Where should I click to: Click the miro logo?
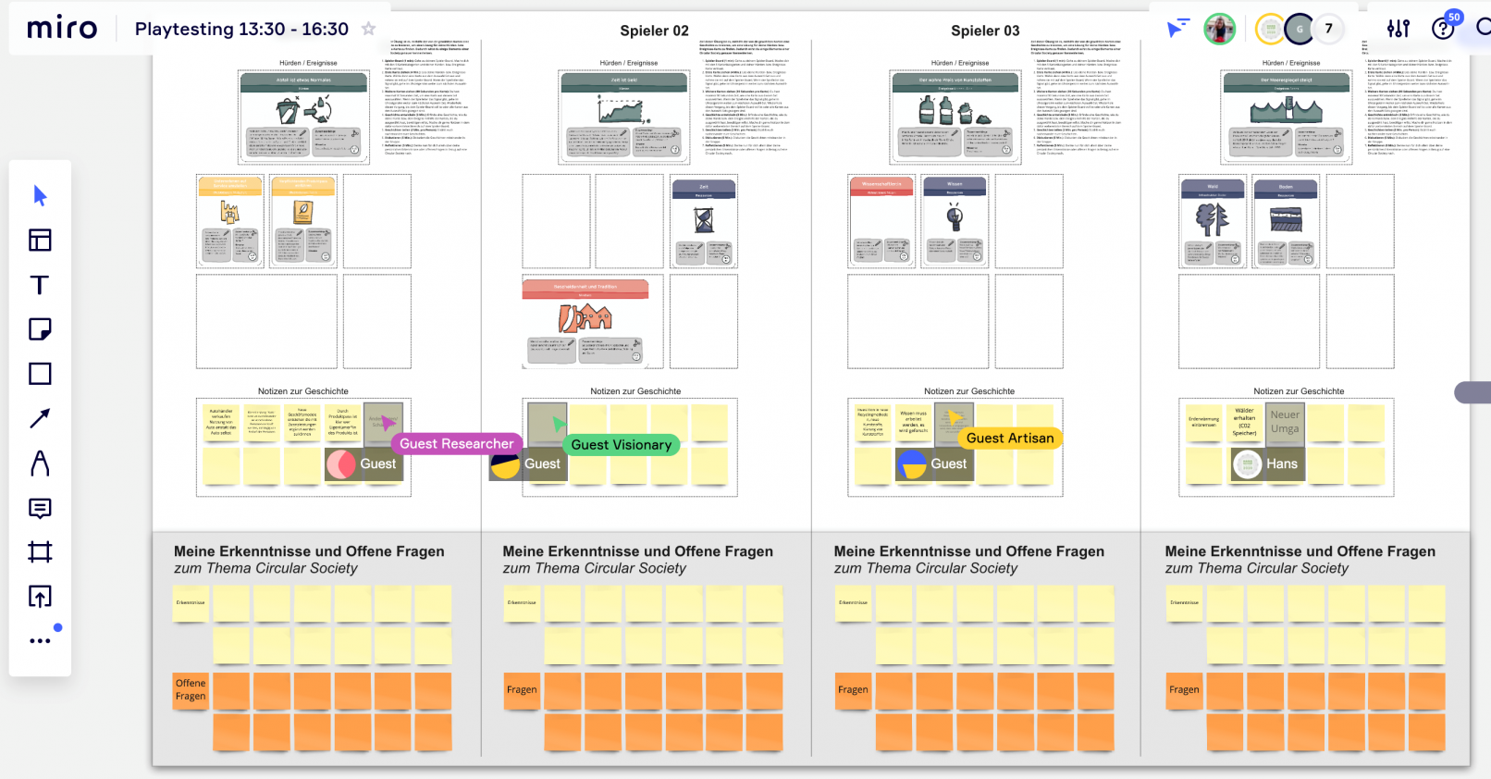click(62, 29)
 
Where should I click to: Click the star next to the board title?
click(368, 29)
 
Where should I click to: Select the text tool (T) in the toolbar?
click(40, 285)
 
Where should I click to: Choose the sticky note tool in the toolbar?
click(40, 329)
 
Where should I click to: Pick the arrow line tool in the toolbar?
click(40, 418)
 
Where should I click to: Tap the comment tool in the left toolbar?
click(40, 508)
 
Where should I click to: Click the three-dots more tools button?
click(40, 640)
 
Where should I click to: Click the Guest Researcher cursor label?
click(456, 444)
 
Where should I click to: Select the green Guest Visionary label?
click(621, 445)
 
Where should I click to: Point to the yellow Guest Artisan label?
click(1009, 439)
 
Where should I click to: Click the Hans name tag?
click(1281, 464)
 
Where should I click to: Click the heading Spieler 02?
click(654, 31)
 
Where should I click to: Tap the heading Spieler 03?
click(985, 31)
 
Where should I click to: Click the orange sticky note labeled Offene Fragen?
click(191, 690)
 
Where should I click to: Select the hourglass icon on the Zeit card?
click(704, 220)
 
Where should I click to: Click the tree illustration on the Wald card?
click(1212, 220)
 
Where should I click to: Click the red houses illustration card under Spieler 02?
click(585, 319)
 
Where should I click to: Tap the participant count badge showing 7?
click(1328, 29)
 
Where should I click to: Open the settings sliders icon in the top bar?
click(1398, 29)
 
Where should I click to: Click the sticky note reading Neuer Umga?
click(1285, 422)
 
